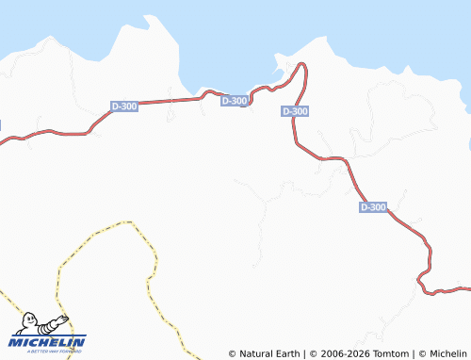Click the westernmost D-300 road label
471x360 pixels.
[x=124, y=106]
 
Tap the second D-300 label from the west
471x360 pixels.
[x=235, y=100]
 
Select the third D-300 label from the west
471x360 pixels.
[x=295, y=111]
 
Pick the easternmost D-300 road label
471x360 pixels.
[x=373, y=206]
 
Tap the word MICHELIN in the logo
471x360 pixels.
[x=48, y=342]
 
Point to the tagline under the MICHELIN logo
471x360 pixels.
[x=48, y=352]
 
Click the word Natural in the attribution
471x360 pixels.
[x=259, y=354]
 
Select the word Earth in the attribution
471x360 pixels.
[x=287, y=354]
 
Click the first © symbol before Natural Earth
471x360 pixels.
[x=233, y=354]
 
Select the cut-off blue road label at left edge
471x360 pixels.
[x=1, y=124]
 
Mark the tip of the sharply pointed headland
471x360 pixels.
[x=147, y=16]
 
